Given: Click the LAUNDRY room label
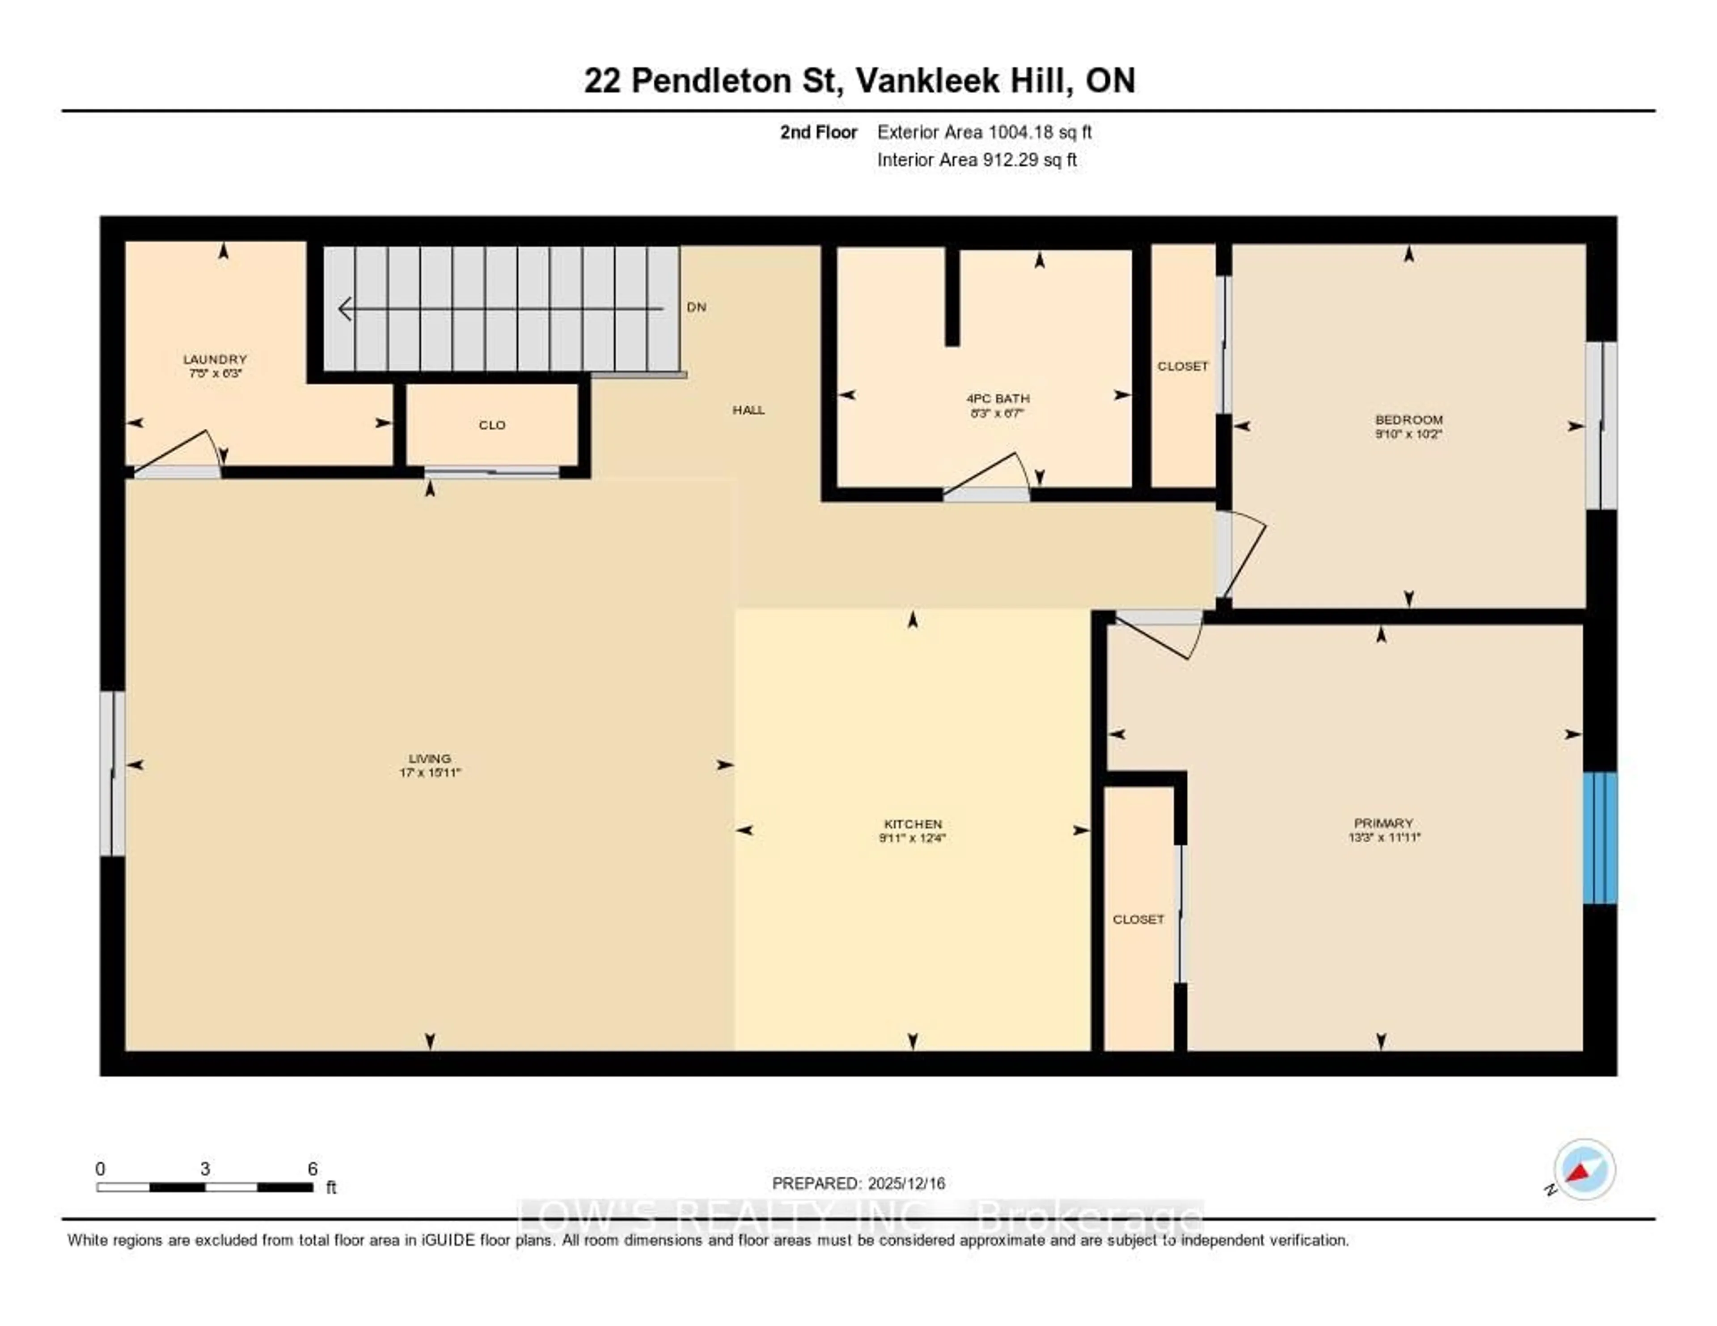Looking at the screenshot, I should tap(215, 359).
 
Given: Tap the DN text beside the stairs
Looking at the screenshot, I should tap(696, 307).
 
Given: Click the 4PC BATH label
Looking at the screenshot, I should tap(998, 398).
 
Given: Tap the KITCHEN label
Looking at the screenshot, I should tap(912, 824).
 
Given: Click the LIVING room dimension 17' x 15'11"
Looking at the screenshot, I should tap(429, 773).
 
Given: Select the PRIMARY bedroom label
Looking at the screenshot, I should tap(1383, 823).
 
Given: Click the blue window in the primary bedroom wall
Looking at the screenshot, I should tap(1599, 838).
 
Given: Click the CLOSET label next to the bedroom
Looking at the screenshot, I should tap(1182, 366).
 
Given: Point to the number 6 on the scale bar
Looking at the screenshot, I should tap(312, 1169).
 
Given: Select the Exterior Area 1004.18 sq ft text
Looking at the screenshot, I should tap(984, 132).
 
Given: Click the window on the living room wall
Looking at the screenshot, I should tap(112, 773).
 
